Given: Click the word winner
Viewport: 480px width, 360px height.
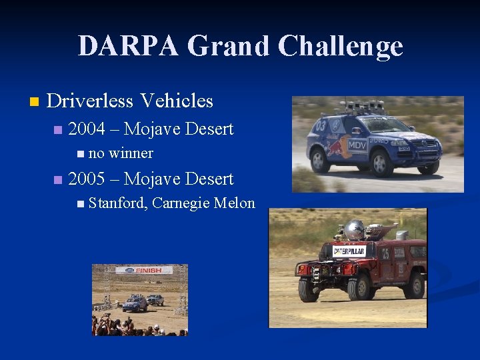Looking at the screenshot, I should pyautogui.click(x=131, y=153).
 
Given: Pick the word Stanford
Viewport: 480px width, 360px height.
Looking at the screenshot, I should pyautogui.click(x=117, y=203).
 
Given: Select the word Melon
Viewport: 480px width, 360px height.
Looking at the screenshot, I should pyautogui.click(x=235, y=203).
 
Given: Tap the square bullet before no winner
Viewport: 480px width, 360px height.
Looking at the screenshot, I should pyautogui.click(x=81, y=154).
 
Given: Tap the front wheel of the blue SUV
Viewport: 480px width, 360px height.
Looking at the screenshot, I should pyautogui.click(x=381, y=163).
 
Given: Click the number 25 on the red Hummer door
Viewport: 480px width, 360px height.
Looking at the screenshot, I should pyautogui.click(x=385, y=253).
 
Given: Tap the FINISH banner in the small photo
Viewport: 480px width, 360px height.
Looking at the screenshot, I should pyautogui.click(x=144, y=271).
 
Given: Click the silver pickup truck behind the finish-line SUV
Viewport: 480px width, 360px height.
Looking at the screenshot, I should pyautogui.click(x=155, y=299).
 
